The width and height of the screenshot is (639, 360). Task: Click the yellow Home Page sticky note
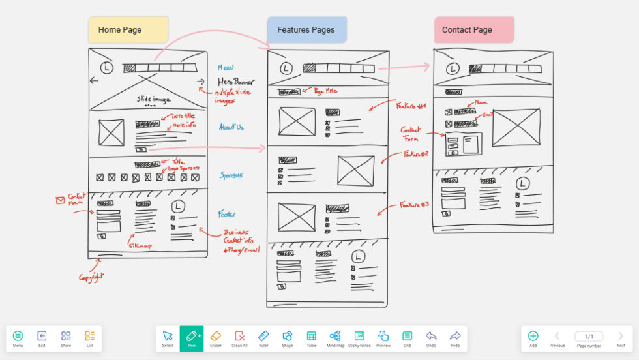(x=128, y=30)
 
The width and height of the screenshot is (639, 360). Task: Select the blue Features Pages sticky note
(x=306, y=30)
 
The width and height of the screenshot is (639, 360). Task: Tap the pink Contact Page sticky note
(x=474, y=30)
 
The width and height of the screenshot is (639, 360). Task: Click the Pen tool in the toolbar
(x=192, y=338)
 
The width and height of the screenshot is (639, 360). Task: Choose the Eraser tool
(x=216, y=338)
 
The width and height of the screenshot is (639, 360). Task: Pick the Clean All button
(x=239, y=338)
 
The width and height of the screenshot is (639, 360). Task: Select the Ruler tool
(x=263, y=338)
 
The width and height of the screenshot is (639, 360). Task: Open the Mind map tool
(x=335, y=338)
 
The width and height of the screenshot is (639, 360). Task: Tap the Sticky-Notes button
(x=359, y=338)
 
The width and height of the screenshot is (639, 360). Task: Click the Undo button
(x=431, y=338)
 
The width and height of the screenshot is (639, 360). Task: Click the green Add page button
(x=533, y=338)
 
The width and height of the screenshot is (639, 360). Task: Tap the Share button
(x=66, y=338)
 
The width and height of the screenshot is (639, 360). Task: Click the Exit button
(x=42, y=338)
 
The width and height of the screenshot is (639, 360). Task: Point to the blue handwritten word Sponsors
(x=231, y=175)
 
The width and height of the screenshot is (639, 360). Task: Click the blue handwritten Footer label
(x=227, y=214)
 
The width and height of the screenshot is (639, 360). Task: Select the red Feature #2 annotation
(x=415, y=155)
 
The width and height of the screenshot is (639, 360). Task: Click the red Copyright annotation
(x=92, y=277)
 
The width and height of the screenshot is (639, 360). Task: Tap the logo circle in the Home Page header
(x=107, y=68)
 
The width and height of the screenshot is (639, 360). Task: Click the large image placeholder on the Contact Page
(x=516, y=128)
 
